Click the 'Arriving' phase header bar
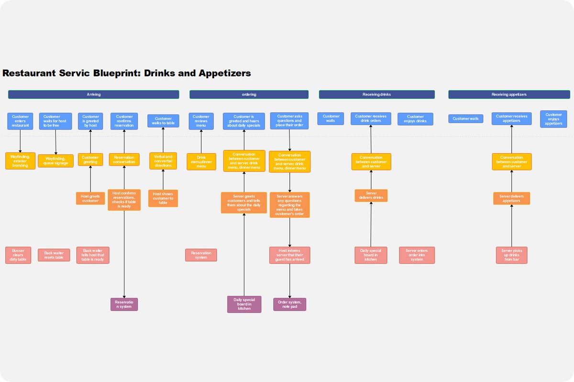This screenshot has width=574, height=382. click(x=94, y=95)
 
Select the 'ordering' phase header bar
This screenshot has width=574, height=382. click(x=249, y=95)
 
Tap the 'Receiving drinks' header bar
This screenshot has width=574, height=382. click(x=376, y=95)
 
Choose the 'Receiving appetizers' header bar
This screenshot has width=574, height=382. click(x=509, y=95)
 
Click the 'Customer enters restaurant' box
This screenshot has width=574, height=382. click(x=20, y=121)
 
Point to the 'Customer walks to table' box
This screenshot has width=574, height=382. click(x=163, y=121)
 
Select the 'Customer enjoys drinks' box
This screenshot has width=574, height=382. click(x=415, y=119)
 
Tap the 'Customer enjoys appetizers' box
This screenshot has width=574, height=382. click(x=553, y=119)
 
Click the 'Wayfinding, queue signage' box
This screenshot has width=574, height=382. click(x=55, y=161)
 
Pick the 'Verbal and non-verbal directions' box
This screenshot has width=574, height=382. click(x=163, y=161)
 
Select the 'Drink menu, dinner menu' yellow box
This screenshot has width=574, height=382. click(x=201, y=161)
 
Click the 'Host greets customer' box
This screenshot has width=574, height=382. click(x=90, y=198)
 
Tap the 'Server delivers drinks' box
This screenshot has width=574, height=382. click(x=371, y=195)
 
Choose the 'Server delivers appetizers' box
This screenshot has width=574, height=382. click(x=511, y=198)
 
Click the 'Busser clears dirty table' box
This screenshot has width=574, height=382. click(x=18, y=255)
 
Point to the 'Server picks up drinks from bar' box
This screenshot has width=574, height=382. click(x=511, y=255)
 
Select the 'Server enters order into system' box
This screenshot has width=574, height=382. click(x=417, y=255)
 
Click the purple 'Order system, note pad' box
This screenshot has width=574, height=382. click(x=289, y=304)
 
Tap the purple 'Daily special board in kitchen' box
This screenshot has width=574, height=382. click(x=244, y=304)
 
